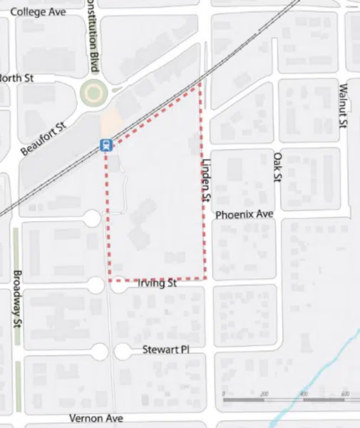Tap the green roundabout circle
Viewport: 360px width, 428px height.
click(93, 92)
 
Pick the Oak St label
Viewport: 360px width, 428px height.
click(277, 166)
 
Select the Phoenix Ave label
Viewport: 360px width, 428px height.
click(244, 214)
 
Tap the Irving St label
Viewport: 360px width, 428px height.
click(155, 283)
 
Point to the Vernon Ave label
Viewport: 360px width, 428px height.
click(96, 418)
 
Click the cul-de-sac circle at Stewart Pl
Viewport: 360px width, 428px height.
click(100, 351)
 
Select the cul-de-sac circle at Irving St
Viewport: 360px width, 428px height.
click(99, 284)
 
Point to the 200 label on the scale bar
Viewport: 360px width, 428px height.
click(264, 394)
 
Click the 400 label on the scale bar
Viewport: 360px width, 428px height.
click(304, 394)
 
